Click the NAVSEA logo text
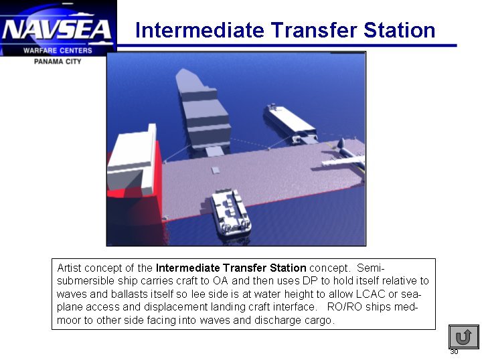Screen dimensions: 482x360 click(57, 29)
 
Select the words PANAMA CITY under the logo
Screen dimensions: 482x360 click(58, 62)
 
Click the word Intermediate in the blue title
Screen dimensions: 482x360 click(199, 30)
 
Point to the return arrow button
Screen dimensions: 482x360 click(463, 337)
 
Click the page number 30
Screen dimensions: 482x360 click(454, 352)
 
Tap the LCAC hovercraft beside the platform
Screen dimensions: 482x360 click(231, 213)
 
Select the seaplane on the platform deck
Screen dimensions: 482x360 click(345, 157)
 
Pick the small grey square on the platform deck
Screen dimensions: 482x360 click(215, 170)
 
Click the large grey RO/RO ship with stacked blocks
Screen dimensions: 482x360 click(203, 110)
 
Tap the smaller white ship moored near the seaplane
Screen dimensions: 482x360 click(290, 123)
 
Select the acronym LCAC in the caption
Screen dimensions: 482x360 click(370, 294)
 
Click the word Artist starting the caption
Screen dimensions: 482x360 click(69, 268)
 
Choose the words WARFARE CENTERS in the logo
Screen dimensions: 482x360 click(58, 50)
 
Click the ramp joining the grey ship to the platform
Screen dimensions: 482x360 click(215, 152)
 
